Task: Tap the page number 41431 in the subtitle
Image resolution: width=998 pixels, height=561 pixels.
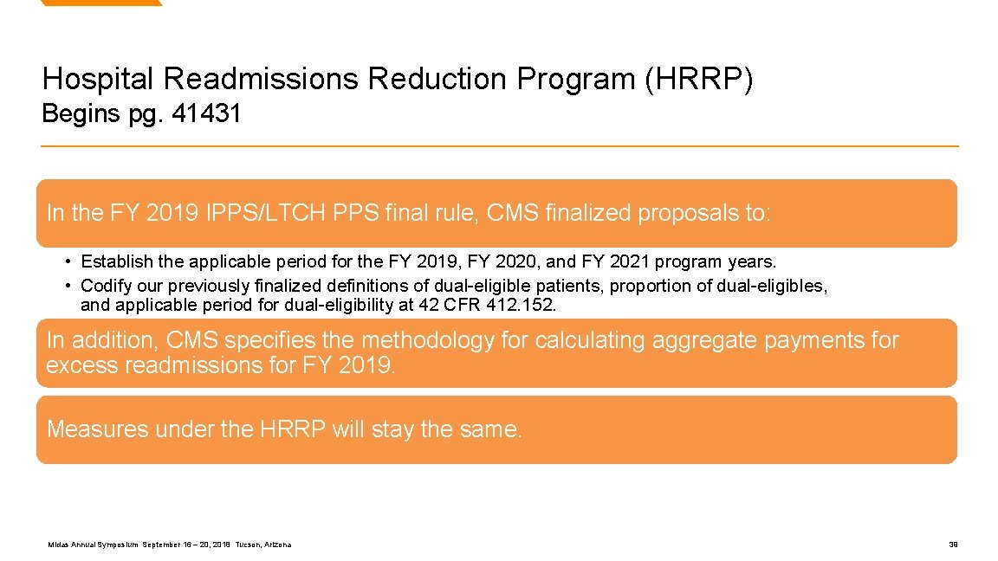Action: [207, 113]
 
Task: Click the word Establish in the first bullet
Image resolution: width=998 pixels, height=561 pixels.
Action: [116, 261]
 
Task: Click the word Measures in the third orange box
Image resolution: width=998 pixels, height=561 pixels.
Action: [97, 429]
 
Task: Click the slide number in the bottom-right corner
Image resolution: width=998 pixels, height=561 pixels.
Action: [953, 545]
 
